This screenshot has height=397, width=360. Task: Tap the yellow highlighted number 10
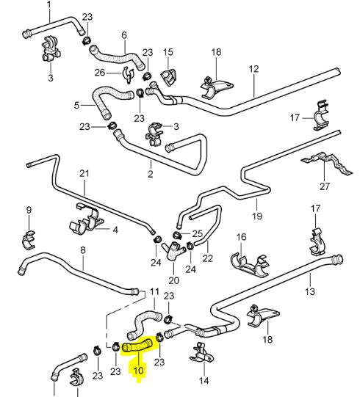point(137,371)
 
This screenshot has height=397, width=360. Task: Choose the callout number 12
point(254,69)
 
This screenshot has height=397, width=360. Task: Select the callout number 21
point(84,174)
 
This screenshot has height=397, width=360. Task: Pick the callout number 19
point(257,217)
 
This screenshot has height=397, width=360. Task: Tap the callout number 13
point(310,292)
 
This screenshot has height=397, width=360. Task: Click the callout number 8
point(83,250)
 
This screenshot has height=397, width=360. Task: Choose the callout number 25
point(197,233)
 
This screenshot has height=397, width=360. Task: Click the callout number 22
point(207,258)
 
